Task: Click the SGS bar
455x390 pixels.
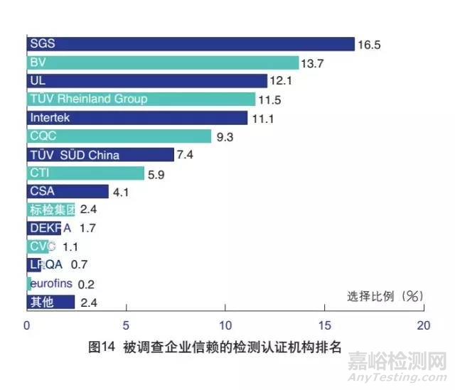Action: coord(191,44)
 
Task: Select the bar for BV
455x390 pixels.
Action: coord(163,63)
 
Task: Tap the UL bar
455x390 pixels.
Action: coord(147,81)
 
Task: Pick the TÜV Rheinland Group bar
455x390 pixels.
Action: coord(141,99)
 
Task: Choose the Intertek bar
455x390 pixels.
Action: coord(137,118)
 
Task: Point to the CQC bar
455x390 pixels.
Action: coord(119,136)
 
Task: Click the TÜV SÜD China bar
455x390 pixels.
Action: coord(100,155)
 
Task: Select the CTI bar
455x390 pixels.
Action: coord(85,173)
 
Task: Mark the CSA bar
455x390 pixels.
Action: coord(68,191)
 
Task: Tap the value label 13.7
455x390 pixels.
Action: coord(314,63)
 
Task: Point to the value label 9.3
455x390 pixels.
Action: coord(226,137)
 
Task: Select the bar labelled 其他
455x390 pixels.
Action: coord(50,302)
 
